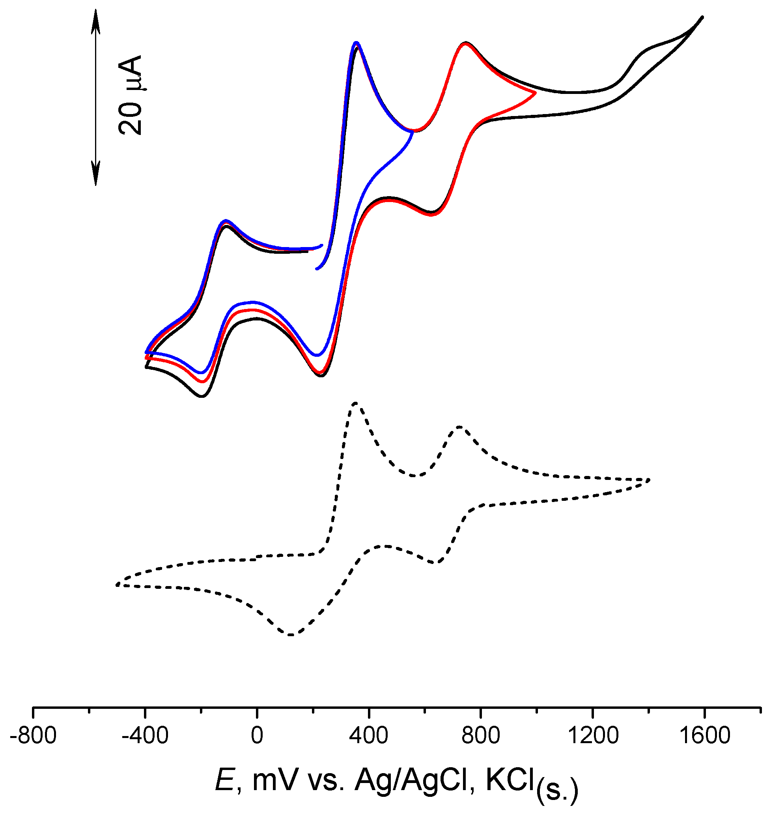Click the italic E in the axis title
(x=225, y=780)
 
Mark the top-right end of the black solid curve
(x=702, y=17)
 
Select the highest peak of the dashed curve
(x=355, y=403)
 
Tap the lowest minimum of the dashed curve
(x=291, y=635)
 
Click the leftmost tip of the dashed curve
(x=117, y=585)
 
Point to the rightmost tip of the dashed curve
(x=649, y=480)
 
